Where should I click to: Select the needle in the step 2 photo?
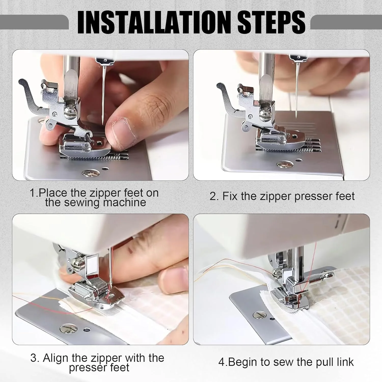296,90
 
